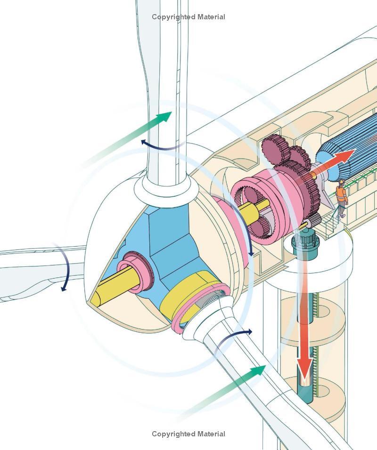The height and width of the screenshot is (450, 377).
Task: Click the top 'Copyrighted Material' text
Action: point(188,17)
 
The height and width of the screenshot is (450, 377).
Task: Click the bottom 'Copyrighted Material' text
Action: point(188,434)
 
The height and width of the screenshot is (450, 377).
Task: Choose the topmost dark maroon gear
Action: point(276,146)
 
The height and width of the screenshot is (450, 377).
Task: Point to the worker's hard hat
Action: point(342,182)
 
